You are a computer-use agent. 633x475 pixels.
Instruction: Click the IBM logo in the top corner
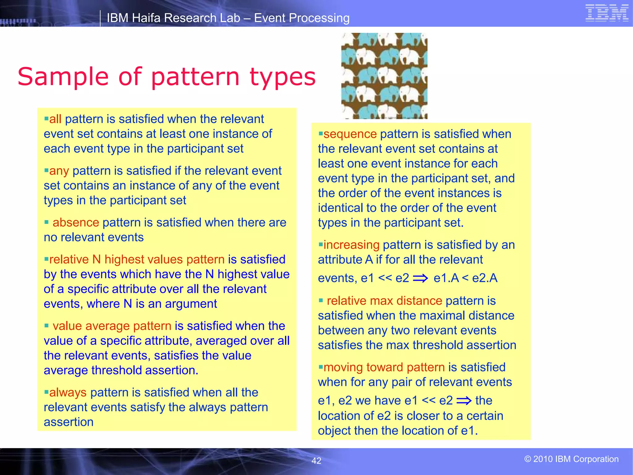click(607, 13)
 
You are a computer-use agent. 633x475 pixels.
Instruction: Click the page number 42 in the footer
click(316, 461)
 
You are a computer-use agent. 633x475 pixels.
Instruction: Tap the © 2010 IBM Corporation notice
click(571, 459)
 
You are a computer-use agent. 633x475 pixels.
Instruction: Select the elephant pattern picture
click(384, 76)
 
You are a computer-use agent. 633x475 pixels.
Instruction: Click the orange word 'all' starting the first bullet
click(55, 119)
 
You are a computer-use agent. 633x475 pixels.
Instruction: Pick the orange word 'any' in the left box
click(59, 171)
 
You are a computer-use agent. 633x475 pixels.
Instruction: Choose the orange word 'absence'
click(76, 223)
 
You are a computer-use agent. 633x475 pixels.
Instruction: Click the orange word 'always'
click(68, 392)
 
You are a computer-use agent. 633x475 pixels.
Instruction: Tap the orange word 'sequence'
click(350, 134)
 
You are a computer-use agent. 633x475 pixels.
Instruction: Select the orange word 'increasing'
click(351, 245)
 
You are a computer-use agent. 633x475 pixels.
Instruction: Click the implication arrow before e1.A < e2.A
click(420, 278)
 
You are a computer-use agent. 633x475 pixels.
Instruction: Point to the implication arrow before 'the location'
click(464, 401)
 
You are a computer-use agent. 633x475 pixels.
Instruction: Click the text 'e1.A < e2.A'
click(465, 278)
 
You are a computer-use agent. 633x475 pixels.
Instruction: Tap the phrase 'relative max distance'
click(384, 301)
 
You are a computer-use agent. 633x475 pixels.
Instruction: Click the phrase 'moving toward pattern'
click(384, 367)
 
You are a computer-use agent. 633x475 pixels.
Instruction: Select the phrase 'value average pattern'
click(112, 326)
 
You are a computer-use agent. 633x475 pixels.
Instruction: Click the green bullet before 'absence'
click(47, 222)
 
